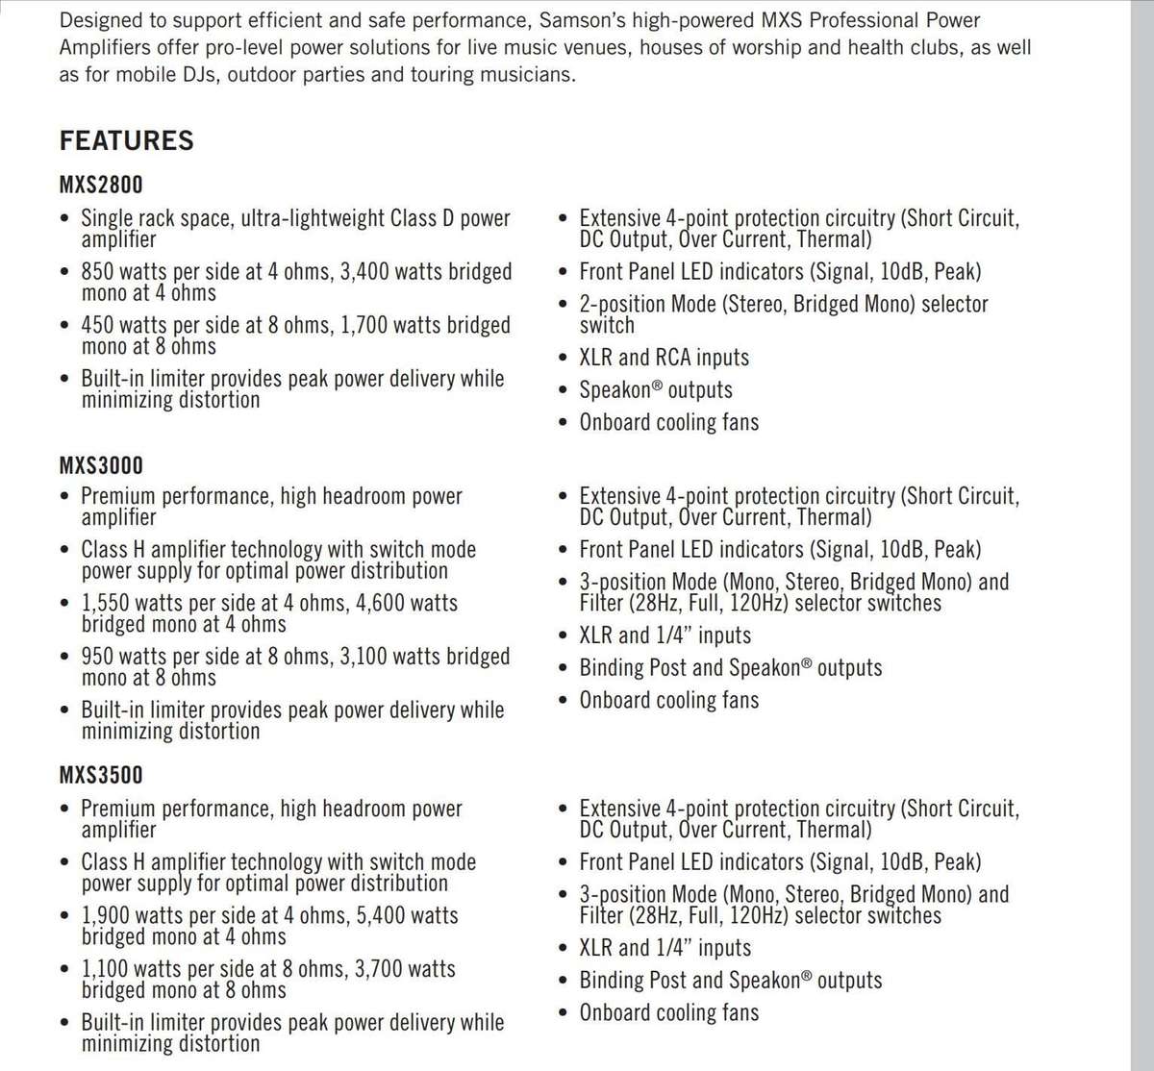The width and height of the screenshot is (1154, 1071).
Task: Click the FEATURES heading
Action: point(127,140)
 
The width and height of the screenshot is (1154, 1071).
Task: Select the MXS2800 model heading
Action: point(101,184)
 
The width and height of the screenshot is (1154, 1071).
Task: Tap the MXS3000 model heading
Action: point(101,465)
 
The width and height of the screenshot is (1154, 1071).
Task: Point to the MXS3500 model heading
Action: point(101,775)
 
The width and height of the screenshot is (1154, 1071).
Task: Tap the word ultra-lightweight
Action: point(312,218)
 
